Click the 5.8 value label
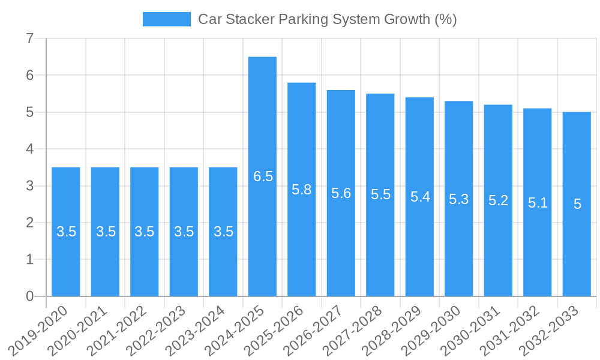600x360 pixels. click(302, 190)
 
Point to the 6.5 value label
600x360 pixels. click(263, 176)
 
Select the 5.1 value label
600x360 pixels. click(538, 203)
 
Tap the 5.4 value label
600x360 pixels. click(420, 196)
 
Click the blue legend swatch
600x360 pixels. click(166, 19)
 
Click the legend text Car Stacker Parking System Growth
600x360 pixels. click(328, 19)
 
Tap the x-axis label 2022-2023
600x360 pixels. click(161, 330)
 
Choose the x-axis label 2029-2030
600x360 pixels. click(436, 330)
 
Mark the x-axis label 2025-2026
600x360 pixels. click(279, 330)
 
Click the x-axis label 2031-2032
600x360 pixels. click(515, 330)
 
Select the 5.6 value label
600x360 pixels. click(341, 193)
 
